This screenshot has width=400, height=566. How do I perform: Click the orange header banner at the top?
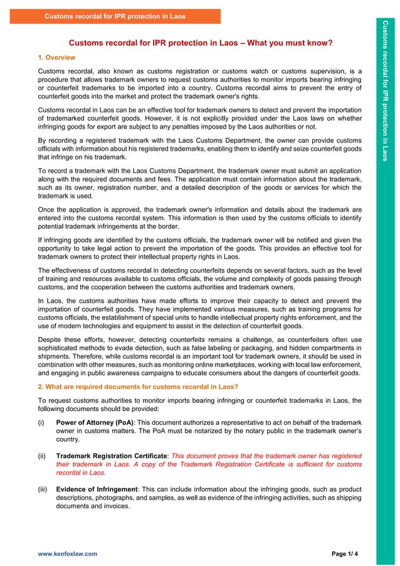(x=115, y=16)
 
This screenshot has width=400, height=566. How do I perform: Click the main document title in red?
(x=200, y=43)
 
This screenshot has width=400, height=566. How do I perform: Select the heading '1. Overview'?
(x=57, y=58)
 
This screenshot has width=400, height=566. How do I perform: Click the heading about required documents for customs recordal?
(x=138, y=386)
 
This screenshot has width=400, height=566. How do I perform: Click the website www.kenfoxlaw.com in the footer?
(x=68, y=554)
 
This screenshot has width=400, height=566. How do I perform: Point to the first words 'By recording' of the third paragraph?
(x=57, y=141)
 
